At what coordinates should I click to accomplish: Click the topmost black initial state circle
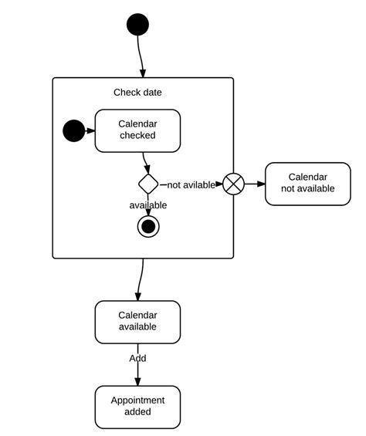coord(137,25)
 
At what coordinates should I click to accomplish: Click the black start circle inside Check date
coord(73,131)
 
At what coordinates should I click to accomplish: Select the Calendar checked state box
coord(137,130)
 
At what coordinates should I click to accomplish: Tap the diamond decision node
coord(148,184)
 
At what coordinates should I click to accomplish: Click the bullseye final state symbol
coord(148,226)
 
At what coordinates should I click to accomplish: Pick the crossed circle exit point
coord(233,184)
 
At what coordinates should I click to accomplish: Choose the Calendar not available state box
coord(307,184)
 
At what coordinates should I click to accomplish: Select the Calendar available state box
coord(137,321)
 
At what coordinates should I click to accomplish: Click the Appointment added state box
coord(137,407)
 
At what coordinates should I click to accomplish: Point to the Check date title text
coord(137,93)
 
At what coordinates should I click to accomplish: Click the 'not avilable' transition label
coord(191,184)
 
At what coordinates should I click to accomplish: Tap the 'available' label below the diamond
coord(147,205)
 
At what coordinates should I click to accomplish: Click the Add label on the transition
coord(137,358)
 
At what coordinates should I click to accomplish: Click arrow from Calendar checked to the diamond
coord(145,162)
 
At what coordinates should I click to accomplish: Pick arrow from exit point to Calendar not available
coord(254,184)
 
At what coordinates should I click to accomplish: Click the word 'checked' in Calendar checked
coord(137,136)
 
